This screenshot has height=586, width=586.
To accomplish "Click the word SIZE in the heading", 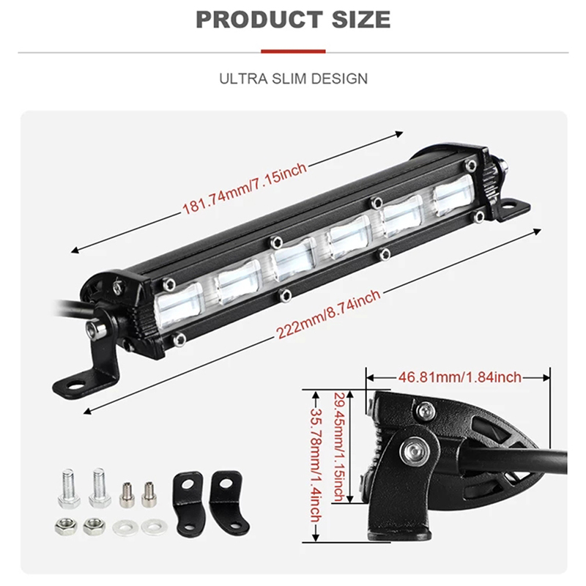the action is [361, 20].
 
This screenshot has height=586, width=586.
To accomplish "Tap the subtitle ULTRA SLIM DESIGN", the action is [294, 79].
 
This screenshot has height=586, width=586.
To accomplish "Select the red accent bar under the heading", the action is [294, 51].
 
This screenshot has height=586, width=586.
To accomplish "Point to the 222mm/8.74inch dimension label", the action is [328, 314].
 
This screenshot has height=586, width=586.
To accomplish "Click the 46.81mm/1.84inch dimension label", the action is [459, 377].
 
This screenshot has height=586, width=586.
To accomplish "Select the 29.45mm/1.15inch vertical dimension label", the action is [339, 447].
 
